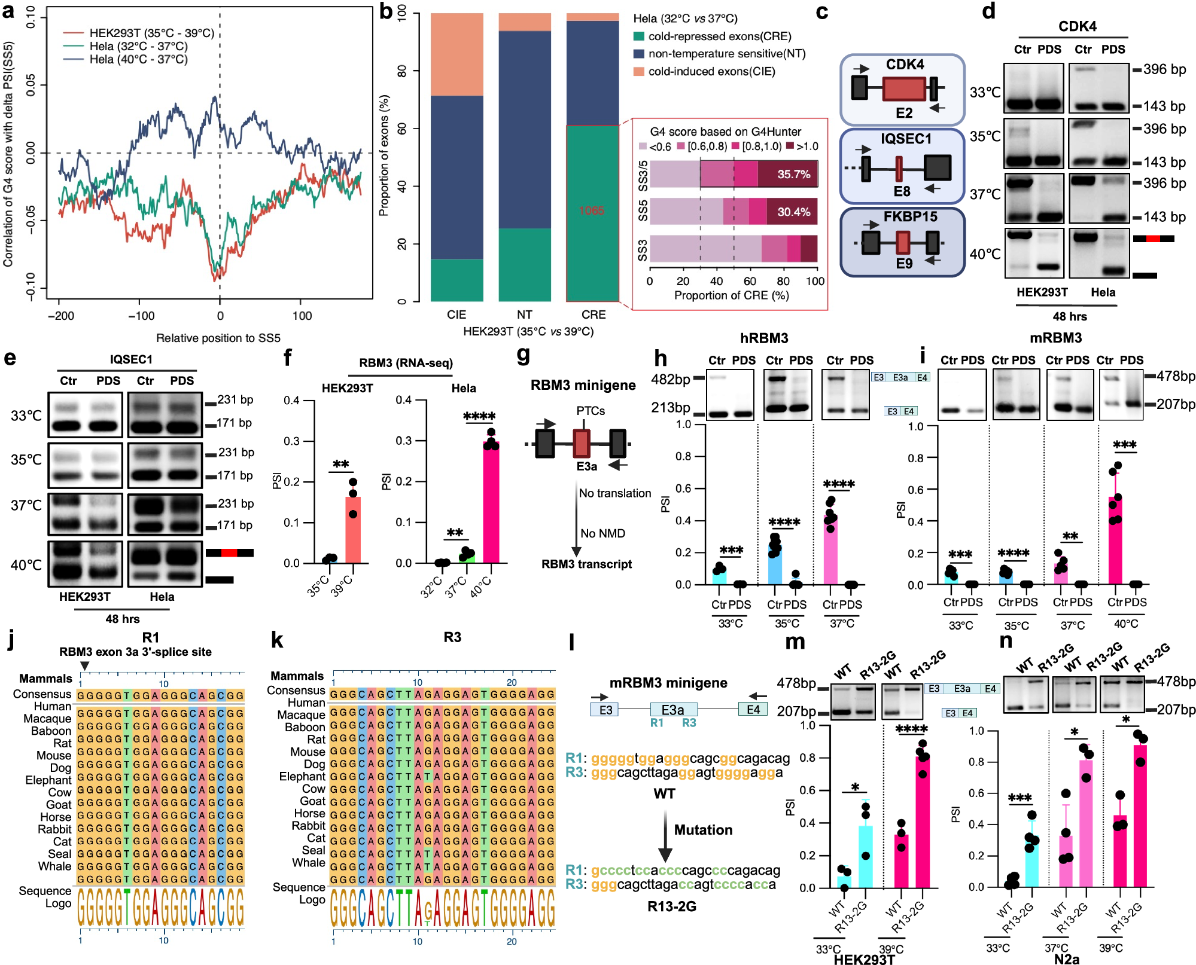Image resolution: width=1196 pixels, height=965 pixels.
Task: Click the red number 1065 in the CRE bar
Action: (x=591, y=210)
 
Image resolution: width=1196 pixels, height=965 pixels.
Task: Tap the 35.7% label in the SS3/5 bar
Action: (x=793, y=175)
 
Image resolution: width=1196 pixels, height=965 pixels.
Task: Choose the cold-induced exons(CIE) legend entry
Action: (x=711, y=72)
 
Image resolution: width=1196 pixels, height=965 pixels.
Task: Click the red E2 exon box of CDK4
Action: (x=904, y=88)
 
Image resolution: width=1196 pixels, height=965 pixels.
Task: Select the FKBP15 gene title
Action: (x=910, y=216)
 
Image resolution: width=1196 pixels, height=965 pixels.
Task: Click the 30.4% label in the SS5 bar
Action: (x=793, y=212)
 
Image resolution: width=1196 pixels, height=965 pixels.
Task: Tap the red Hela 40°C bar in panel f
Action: (x=491, y=502)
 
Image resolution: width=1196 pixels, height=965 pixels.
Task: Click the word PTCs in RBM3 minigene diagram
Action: (x=591, y=411)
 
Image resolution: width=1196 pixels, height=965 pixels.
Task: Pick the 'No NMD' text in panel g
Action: (x=602, y=533)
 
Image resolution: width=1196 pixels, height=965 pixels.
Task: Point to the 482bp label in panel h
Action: (x=671, y=379)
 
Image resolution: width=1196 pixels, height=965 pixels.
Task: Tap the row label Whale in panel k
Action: (x=308, y=863)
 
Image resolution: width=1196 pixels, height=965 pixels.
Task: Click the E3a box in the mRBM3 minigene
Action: (x=673, y=710)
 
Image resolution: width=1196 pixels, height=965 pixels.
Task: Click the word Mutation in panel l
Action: (x=703, y=830)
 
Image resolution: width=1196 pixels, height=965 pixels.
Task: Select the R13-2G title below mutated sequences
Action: (x=671, y=906)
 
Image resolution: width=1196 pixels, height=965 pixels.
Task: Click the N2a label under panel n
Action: (x=1067, y=959)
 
